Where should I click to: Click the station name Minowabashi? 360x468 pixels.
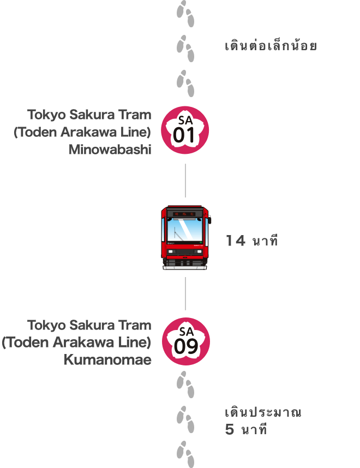pos(110,150)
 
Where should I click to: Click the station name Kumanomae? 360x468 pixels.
pos(107,361)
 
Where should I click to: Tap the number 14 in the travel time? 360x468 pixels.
pos(236,241)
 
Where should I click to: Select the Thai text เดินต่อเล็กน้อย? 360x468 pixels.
pos(271,46)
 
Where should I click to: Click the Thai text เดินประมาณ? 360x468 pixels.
pos(263,412)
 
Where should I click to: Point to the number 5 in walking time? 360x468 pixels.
pos(230,429)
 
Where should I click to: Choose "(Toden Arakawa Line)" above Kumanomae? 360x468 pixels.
pos(76,343)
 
